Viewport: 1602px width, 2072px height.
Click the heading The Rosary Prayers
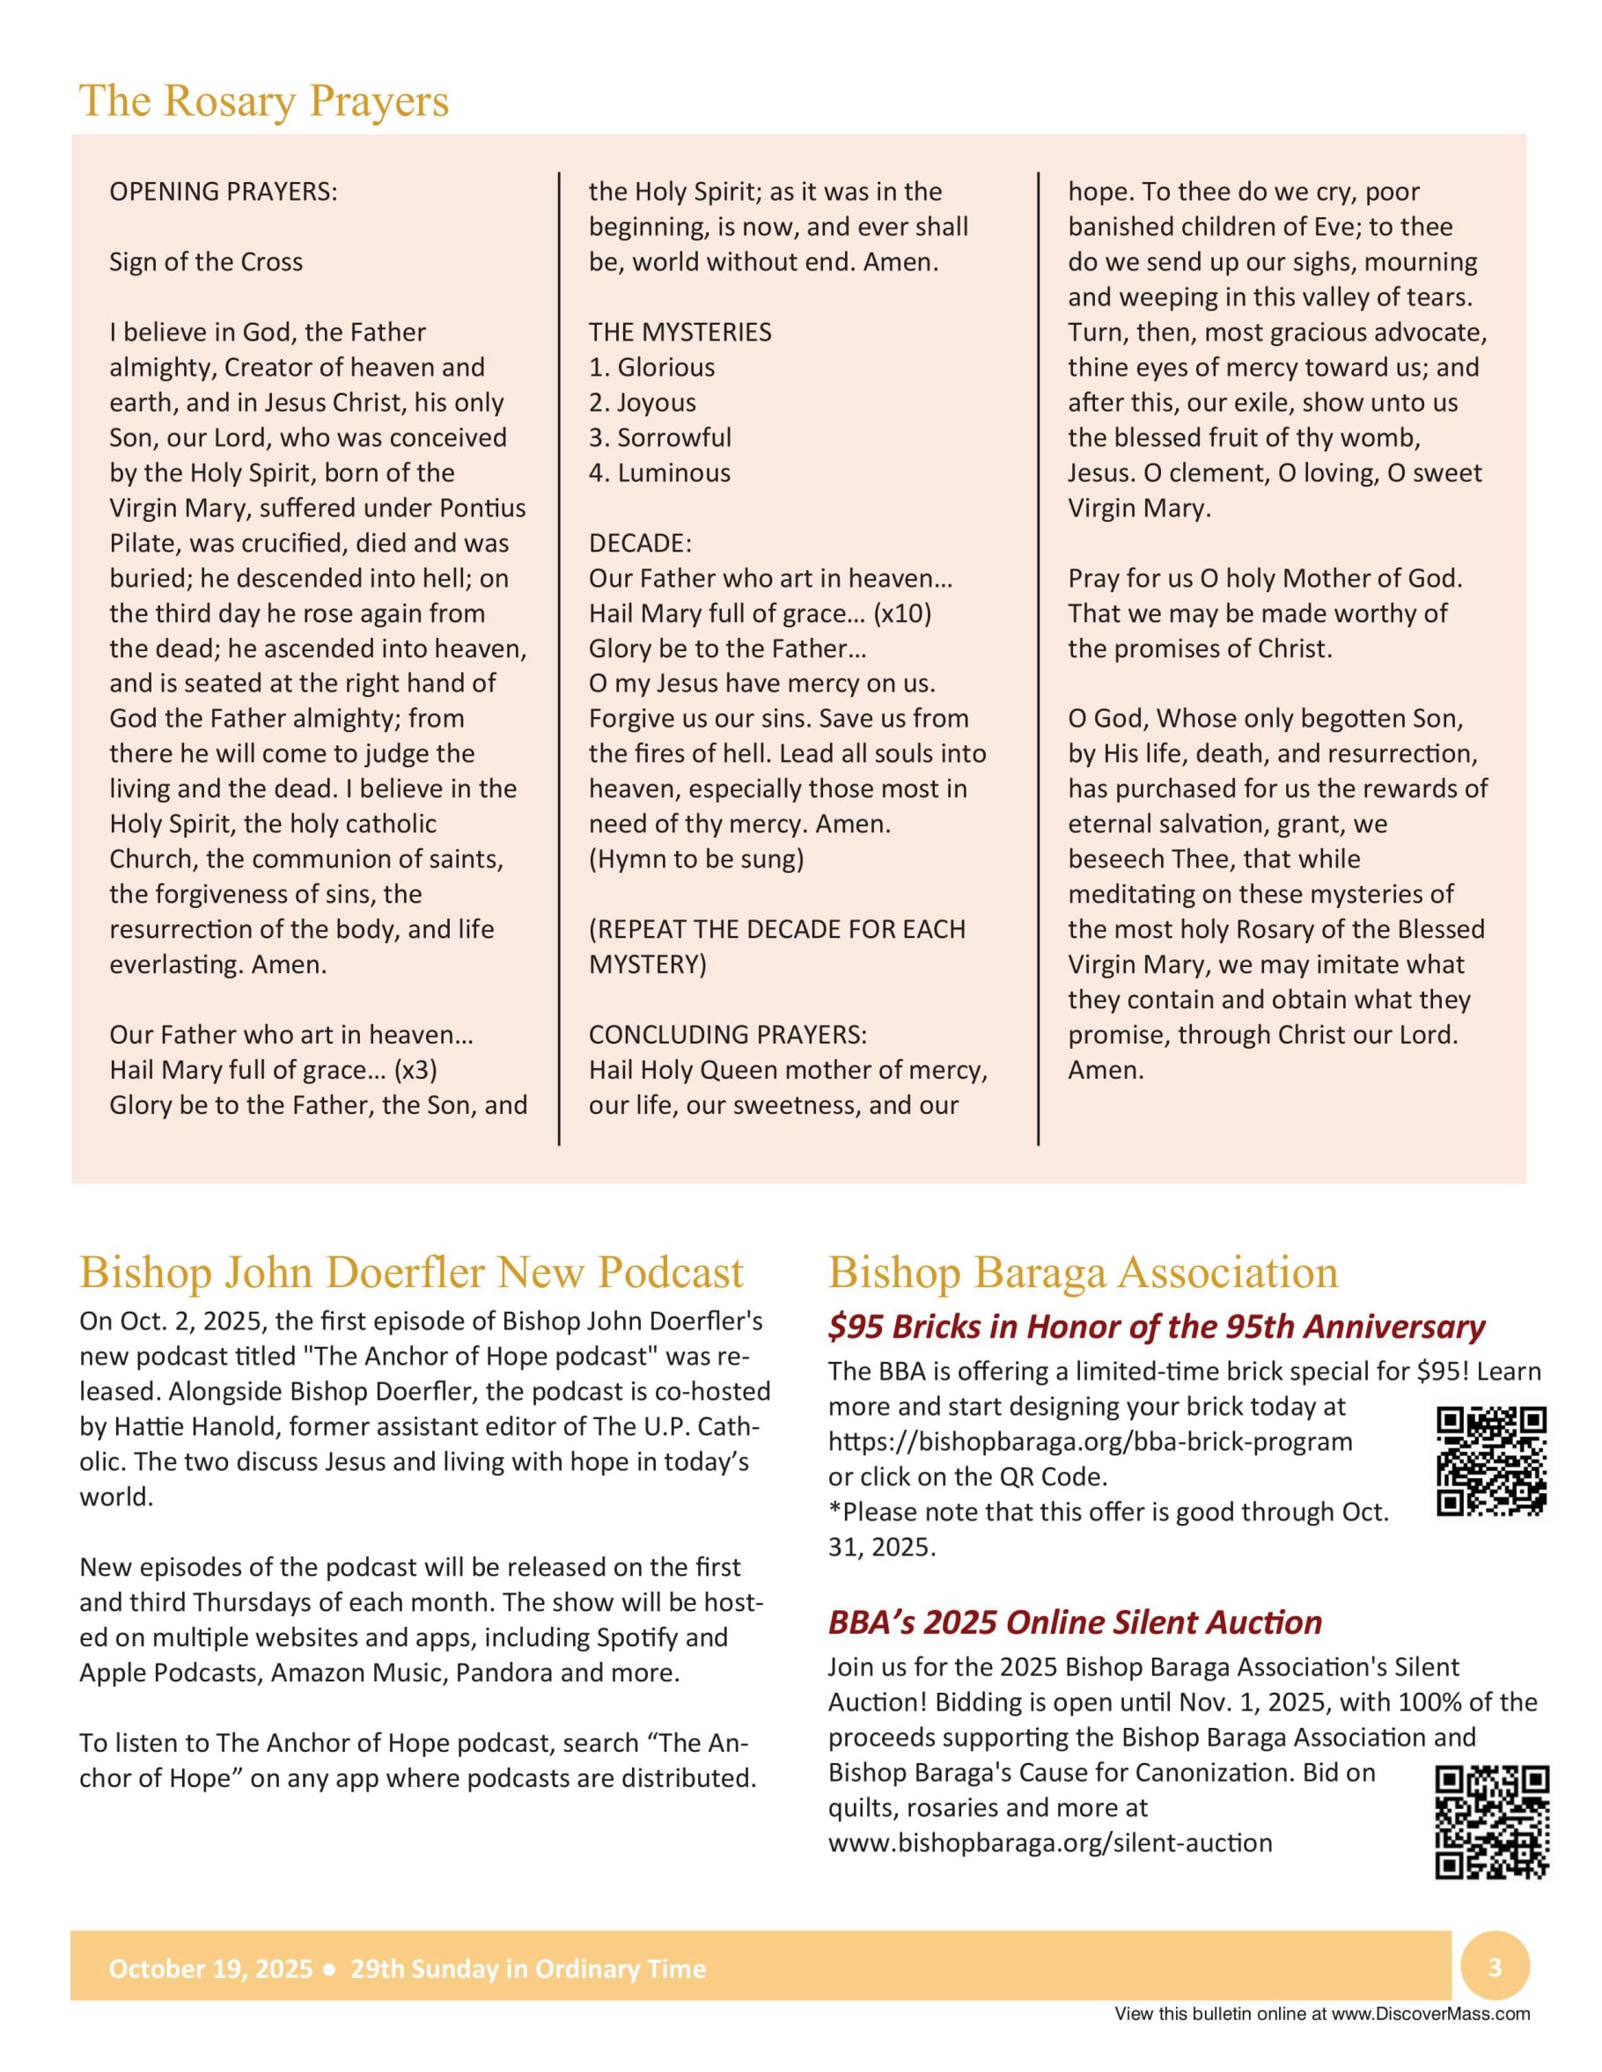point(264,101)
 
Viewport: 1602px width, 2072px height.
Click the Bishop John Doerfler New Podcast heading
point(411,1272)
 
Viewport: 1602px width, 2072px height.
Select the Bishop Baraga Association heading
point(1083,1272)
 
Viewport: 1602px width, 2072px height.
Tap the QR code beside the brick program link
point(1491,1462)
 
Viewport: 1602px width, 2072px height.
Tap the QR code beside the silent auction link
point(1491,1821)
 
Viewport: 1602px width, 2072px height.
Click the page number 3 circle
point(1495,1967)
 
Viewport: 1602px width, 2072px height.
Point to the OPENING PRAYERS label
point(223,192)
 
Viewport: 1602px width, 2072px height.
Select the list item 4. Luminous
point(659,472)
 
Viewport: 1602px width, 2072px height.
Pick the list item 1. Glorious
point(652,367)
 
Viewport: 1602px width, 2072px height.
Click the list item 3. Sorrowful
point(659,437)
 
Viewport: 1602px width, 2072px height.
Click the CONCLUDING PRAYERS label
point(728,1034)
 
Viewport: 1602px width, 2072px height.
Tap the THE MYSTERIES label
point(680,332)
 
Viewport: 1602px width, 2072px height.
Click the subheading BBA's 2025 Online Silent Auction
point(1075,1622)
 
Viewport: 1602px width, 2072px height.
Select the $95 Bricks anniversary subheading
point(1156,1326)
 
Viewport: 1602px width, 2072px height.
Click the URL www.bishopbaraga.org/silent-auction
point(1049,1842)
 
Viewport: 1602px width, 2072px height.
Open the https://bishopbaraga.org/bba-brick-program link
point(1090,1441)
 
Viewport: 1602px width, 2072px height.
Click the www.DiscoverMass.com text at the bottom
point(1430,2014)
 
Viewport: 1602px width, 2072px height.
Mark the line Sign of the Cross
point(206,262)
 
